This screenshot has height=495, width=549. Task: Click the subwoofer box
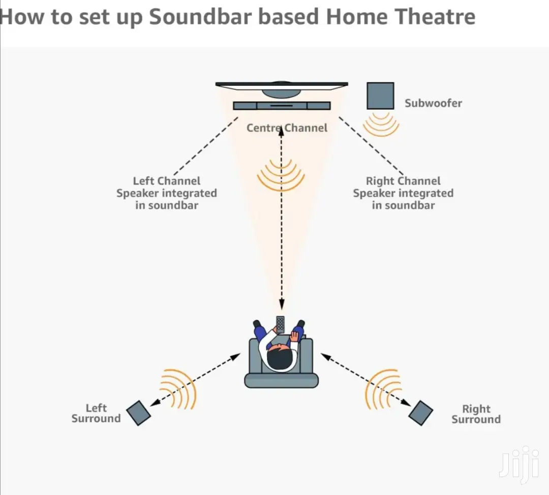pos(380,96)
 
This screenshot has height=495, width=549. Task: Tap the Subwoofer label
pos(433,103)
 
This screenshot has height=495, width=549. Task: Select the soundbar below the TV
pos(282,105)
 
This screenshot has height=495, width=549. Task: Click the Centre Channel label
pos(287,128)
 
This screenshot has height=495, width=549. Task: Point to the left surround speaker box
pos(139,413)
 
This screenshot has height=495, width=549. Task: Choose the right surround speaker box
pos(421,413)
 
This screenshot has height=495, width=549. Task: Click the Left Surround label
pos(96,413)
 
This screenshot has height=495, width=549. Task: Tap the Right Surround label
pos(476,414)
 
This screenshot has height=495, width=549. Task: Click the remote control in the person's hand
pos(280,325)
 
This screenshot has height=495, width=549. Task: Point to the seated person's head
pos(280,358)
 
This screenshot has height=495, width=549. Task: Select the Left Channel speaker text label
pos(167,193)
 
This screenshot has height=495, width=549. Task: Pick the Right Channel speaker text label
pos(403,193)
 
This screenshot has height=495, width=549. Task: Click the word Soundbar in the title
pos(200,16)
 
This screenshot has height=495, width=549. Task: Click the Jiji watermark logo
pos(519,465)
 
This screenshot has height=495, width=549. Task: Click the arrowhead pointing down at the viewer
pos(282,304)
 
